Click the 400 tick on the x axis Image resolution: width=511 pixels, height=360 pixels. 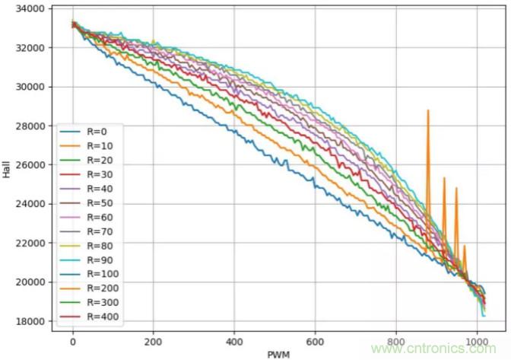234,340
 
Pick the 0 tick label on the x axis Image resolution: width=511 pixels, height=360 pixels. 73,340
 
